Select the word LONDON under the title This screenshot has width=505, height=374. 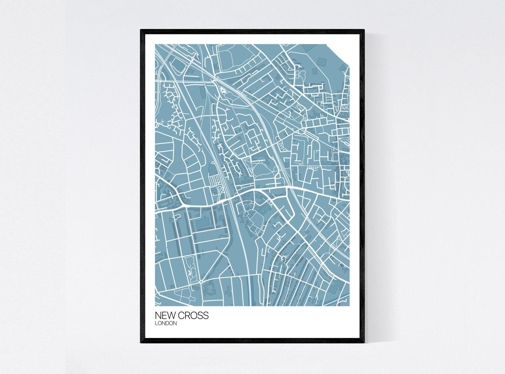click(x=166, y=324)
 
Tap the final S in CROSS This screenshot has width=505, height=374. click(x=206, y=316)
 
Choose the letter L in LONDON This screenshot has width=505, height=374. click(x=156, y=324)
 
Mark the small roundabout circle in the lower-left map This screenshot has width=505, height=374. click(x=201, y=282)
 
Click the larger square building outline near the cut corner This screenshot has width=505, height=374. click(x=322, y=61)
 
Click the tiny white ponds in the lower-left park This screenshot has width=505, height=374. click(x=190, y=269)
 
